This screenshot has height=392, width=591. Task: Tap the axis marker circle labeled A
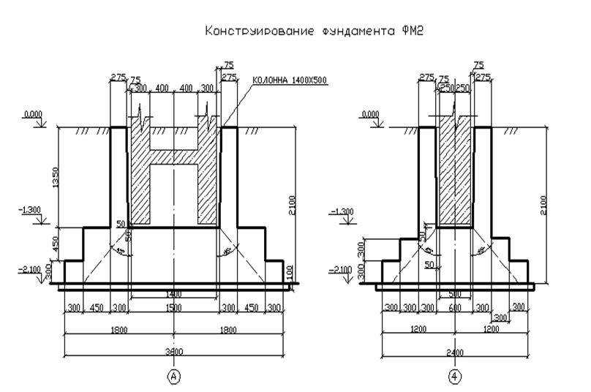173,376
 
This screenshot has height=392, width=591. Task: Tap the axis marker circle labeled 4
455,376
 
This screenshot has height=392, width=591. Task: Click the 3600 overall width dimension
173,352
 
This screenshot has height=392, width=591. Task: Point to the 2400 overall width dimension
455,352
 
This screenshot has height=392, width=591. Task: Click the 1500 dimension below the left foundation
173,309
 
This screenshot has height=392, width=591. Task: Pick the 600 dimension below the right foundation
455,309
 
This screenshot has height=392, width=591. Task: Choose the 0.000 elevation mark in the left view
32,115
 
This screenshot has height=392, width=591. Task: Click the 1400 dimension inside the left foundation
173,293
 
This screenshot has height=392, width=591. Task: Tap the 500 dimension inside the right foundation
454,293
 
